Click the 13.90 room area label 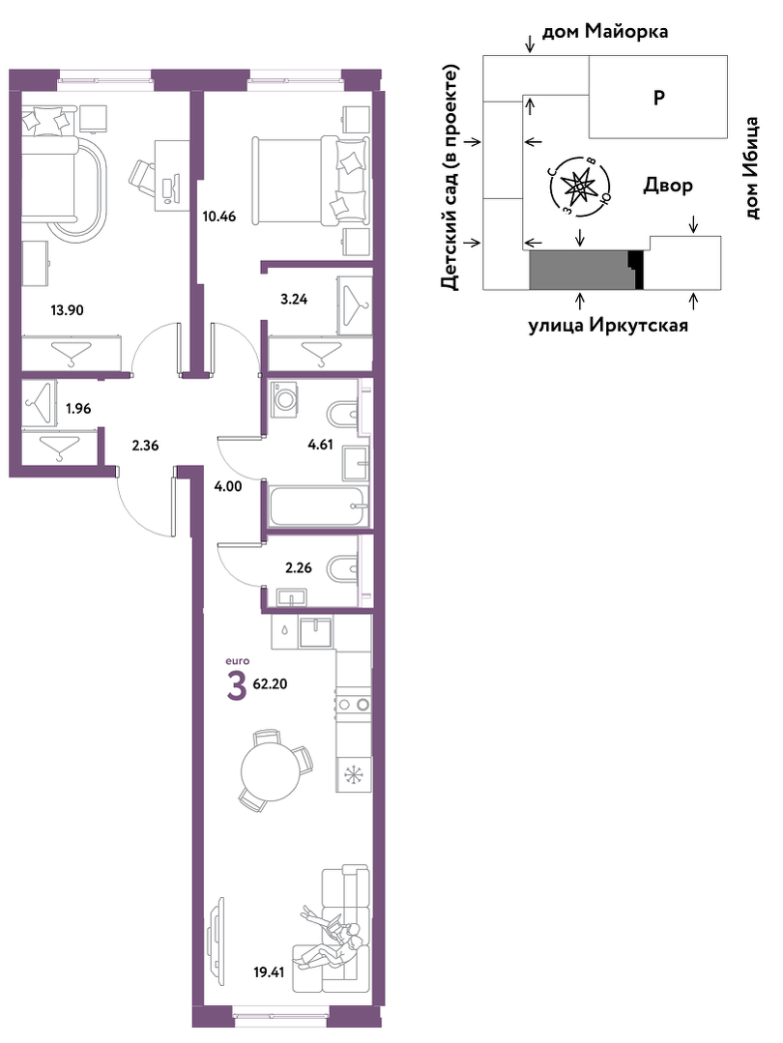coord(68,309)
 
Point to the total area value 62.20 coord(271,683)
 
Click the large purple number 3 coord(236,688)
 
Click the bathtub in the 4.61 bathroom coord(319,507)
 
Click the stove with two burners coord(353,703)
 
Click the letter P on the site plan coord(658,98)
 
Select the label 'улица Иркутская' coord(608,325)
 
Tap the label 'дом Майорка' coord(605,31)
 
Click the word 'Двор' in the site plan coord(667,186)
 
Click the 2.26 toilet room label coord(298,568)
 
